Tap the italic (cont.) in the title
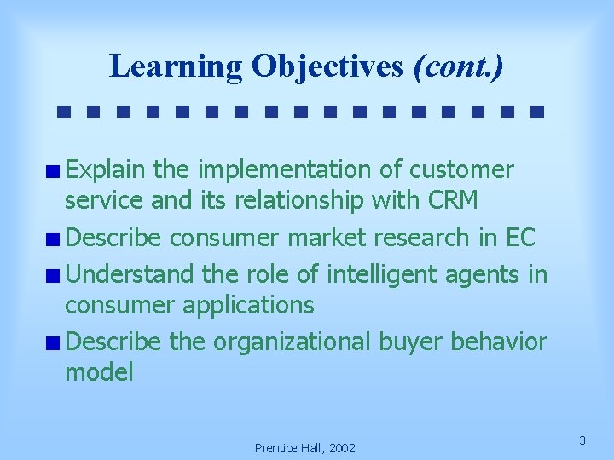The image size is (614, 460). click(x=458, y=66)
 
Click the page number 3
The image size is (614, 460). click(x=582, y=440)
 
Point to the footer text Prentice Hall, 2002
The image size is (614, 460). click(x=305, y=447)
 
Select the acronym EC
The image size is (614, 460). click(x=518, y=238)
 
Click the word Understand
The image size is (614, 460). click(x=132, y=274)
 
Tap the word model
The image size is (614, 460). click(x=99, y=372)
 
